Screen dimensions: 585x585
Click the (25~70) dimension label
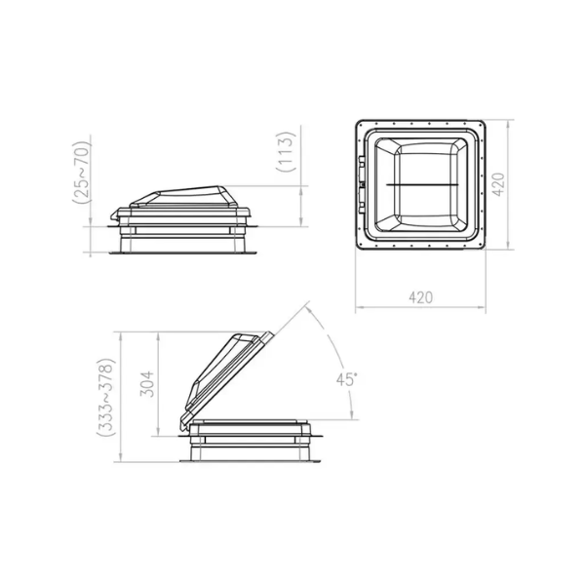click(82, 172)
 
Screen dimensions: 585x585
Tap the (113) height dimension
click(286, 151)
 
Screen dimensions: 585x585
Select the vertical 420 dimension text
click(498, 184)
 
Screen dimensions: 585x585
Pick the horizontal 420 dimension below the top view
click(420, 297)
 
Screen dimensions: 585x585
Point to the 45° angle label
click(346, 380)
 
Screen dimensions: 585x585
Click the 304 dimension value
click(146, 384)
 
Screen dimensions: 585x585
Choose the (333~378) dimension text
click(105, 398)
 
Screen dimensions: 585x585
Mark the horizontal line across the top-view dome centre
click(422, 184)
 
